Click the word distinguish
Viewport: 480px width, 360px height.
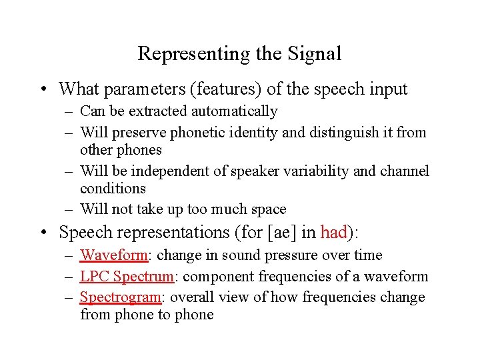[340, 133]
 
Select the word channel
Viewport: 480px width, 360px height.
[405, 171]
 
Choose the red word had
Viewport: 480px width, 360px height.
[333, 233]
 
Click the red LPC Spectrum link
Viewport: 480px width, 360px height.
[127, 277]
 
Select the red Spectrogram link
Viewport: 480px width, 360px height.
[119, 297]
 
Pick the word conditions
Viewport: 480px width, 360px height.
[113, 189]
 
